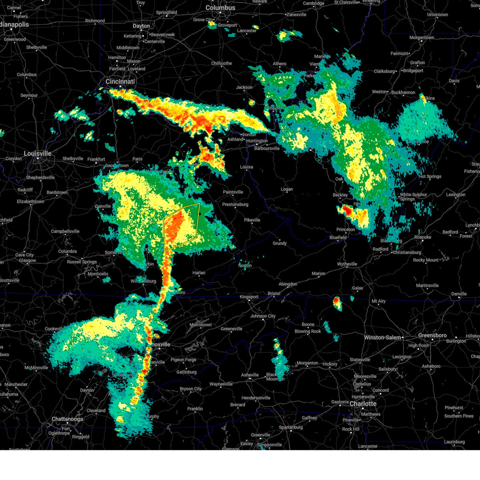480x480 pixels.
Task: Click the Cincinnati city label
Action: (x=120, y=82)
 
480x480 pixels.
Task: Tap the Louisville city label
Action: (x=38, y=154)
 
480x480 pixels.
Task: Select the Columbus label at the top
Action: (x=220, y=8)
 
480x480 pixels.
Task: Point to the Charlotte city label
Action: (x=363, y=404)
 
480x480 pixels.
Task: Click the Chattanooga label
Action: (x=67, y=419)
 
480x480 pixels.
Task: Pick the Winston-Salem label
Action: (x=382, y=338)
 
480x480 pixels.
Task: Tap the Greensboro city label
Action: (x=432, y=335)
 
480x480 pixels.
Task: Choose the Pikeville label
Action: (x=252, y=220)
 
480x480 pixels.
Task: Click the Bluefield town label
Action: (x=338, y=237)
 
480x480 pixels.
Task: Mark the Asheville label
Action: (x=250, y=375)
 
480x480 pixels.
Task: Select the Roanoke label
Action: (x=422, y=237)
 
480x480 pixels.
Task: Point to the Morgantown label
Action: (x=422, y=38)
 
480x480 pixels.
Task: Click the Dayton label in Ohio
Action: (x=141, y=26)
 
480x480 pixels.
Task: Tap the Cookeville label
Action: (x=54, y=329)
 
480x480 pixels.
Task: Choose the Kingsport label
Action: (x=249, y=297)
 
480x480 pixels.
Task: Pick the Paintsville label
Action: (x=233, y=192)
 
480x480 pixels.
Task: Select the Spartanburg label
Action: (x=291, y=427)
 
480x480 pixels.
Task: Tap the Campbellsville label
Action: (x=65, y=231)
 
